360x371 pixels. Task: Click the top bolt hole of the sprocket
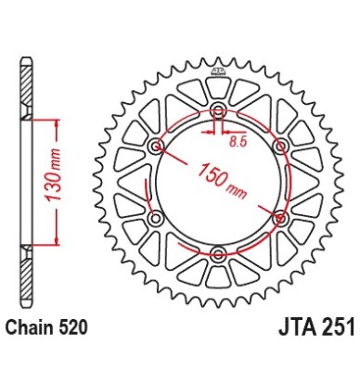[x=218, y=112]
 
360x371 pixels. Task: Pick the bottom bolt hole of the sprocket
[x=218, y=253]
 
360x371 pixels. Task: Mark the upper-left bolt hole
[x=155, y=147]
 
